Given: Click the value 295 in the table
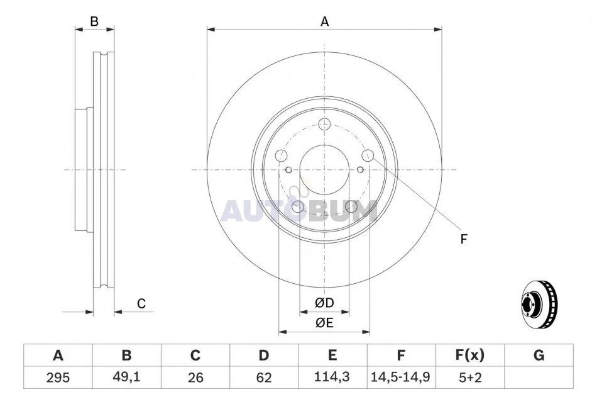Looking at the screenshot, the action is tap(58, 378).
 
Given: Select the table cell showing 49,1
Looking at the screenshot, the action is tap(126, 377).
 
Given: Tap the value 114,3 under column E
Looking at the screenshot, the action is tap(332, 377).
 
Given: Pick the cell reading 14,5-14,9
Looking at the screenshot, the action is tap(400, 377).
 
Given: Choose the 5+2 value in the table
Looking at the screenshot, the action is tap(470, 378).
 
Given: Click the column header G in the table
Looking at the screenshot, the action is tap(539, 356).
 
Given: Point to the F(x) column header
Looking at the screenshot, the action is tap(470, 356).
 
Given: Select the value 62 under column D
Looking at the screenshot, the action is tap(264, 378).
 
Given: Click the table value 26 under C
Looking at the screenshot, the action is tap(195, 378).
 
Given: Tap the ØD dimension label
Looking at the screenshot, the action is tap(324, 303).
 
